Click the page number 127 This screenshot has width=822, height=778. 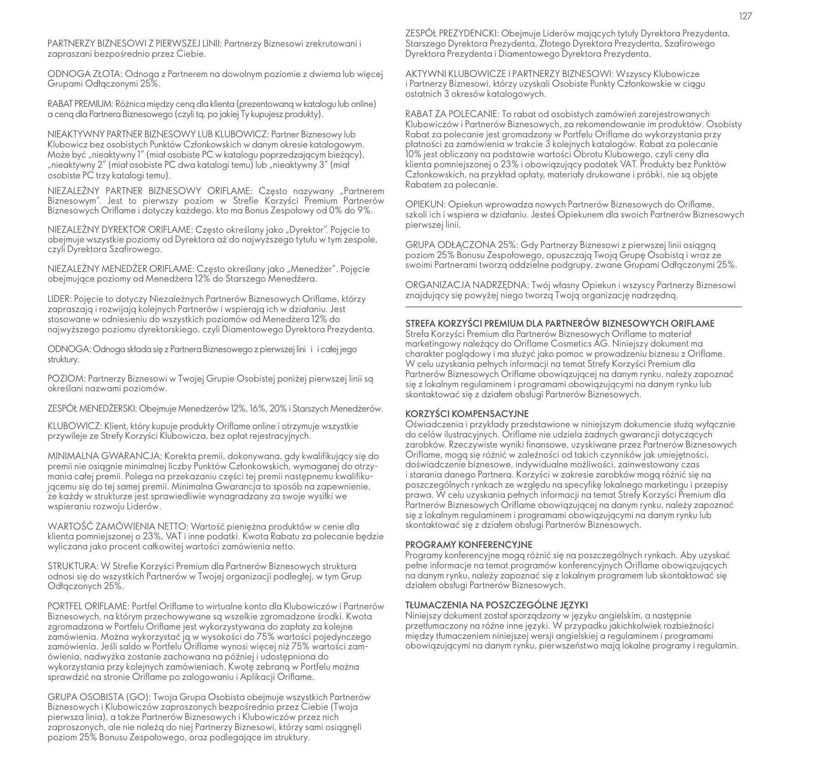[x=746, y=17]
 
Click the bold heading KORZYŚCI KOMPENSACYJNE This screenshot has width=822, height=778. [x=467, y=414]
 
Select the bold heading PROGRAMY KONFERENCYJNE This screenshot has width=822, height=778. [x=469, y=545]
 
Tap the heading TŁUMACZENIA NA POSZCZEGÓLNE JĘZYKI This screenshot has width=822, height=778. [x=496, y=605]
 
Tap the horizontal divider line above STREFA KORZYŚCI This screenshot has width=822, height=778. [x=573, y=306]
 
